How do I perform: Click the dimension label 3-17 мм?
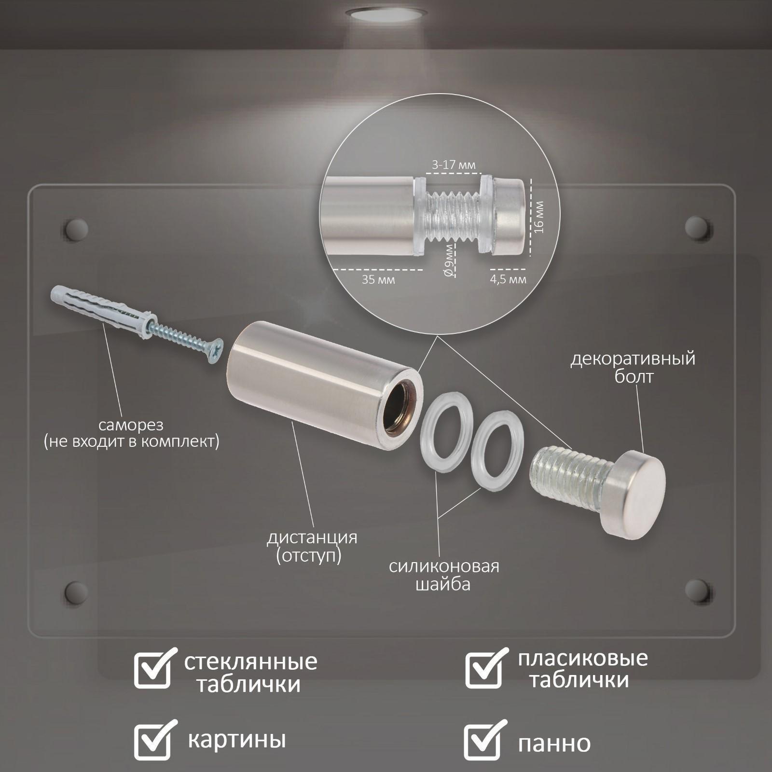pyautogui.click(x=454, y=165)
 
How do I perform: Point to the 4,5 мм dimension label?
pyautogui.click(x=508, y=279)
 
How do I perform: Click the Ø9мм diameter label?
pyautogui.click(x=449, y=260)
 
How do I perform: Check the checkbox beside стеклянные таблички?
pyautogui.click(x=153, y=669)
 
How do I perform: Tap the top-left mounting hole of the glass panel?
pyautogui.click(x=76, y=230)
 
